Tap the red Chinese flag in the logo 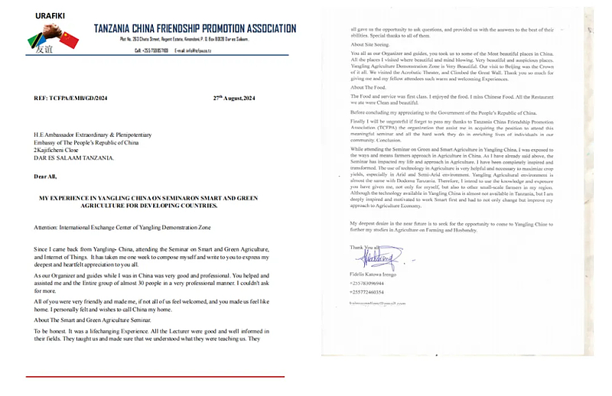tap(68, 38)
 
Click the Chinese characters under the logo tap(44, 50)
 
